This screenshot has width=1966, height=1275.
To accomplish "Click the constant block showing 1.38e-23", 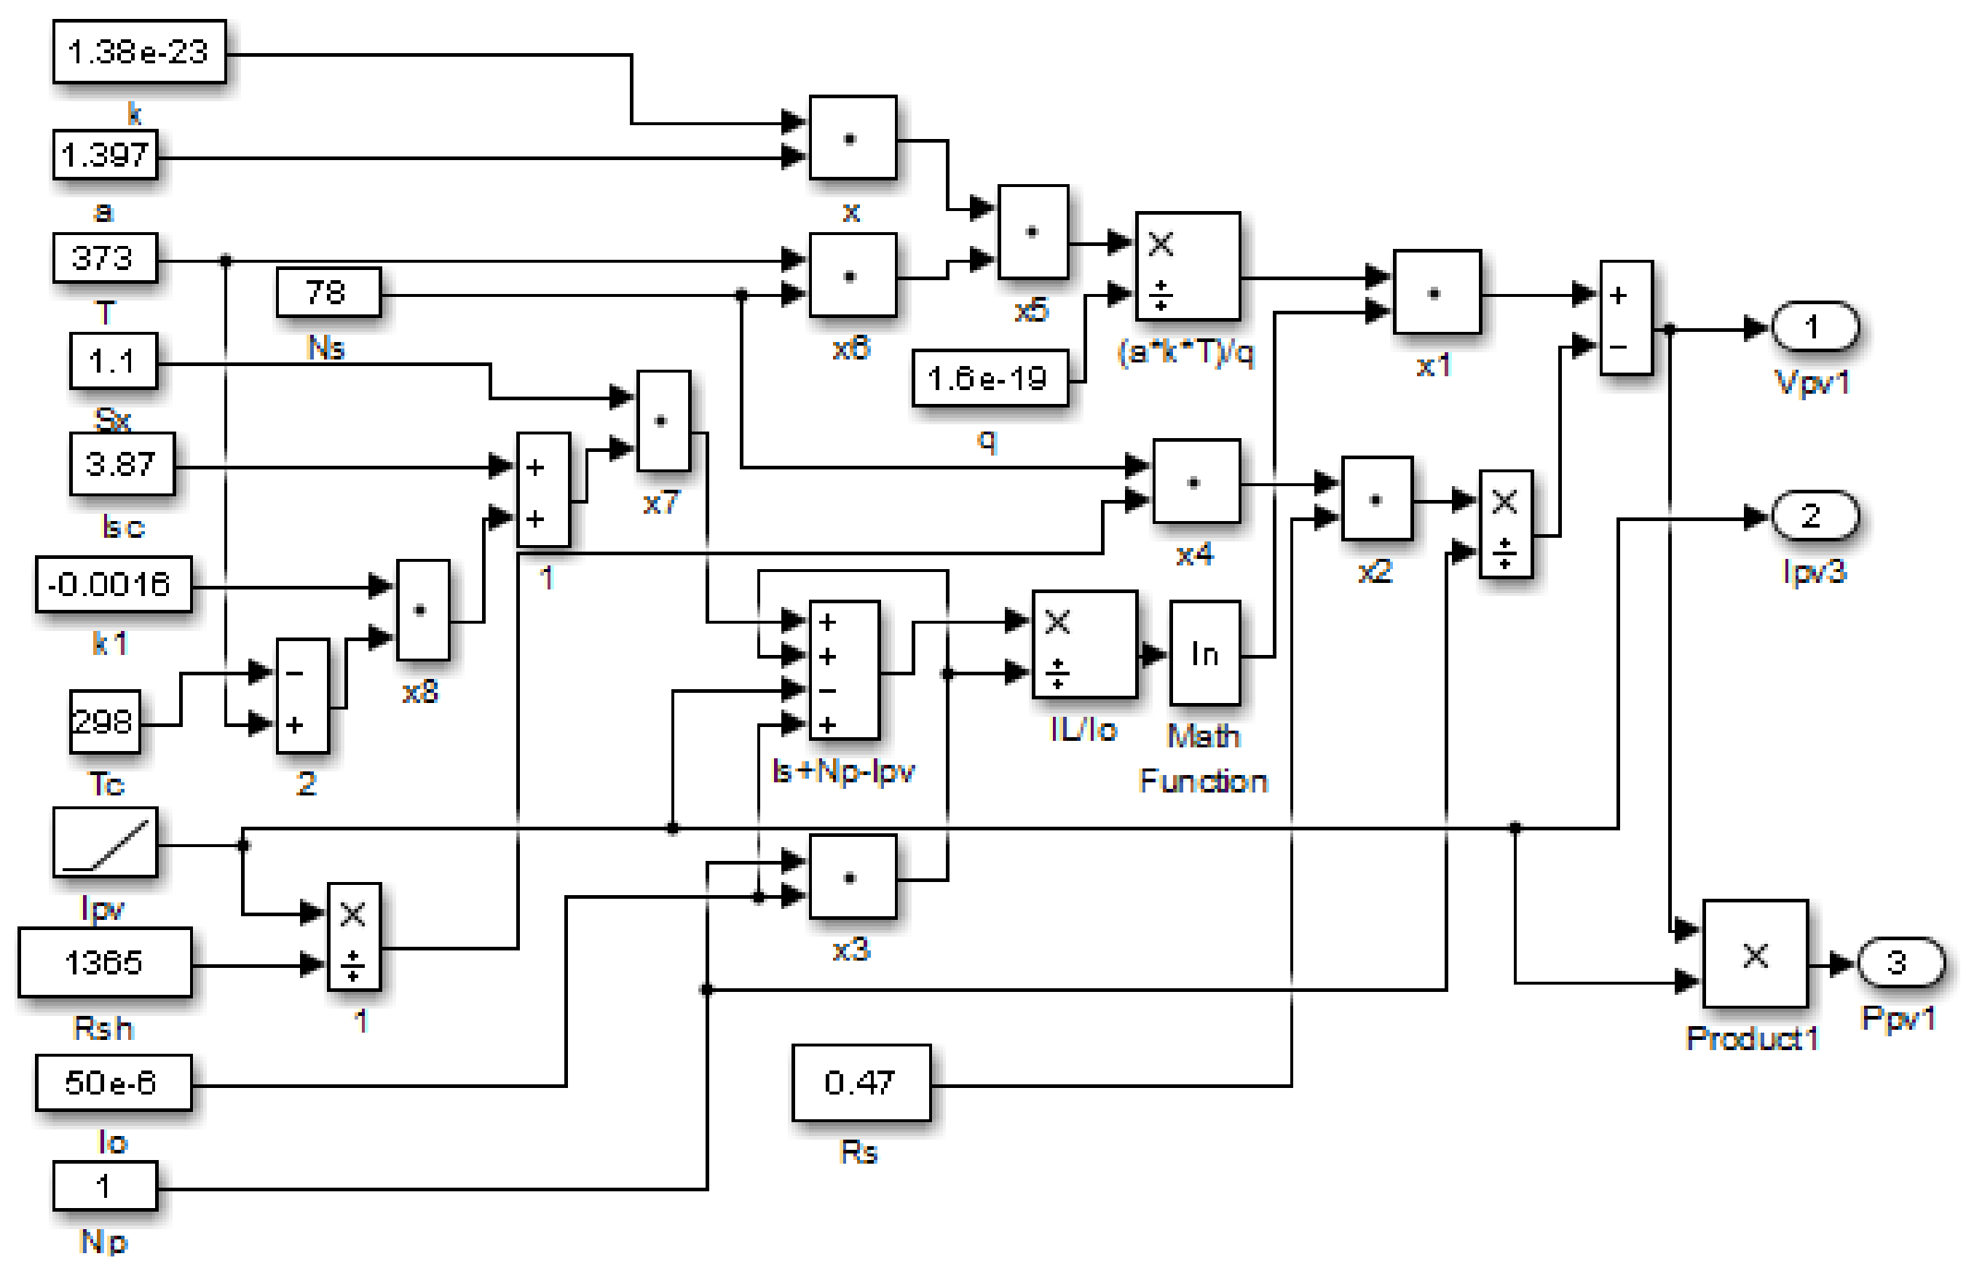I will (139, 52).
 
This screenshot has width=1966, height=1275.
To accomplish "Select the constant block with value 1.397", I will (105, 154).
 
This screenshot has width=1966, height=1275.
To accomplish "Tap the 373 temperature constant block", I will (104, 258).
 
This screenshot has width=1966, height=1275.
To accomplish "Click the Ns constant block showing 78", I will (328, 292).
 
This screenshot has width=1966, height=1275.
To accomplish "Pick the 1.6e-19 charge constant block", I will (989, 378).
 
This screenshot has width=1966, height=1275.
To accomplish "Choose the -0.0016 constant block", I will (113, 584).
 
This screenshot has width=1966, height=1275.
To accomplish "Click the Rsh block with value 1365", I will (104, 962).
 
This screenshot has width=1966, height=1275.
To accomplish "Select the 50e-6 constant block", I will (113, 1083).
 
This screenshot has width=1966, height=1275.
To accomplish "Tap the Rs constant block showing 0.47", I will (860, 1083).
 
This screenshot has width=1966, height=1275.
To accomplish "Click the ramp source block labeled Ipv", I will (104, 842).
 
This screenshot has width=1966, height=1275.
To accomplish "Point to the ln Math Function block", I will (1204, 654).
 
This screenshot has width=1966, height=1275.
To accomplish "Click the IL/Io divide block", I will (1083, 645).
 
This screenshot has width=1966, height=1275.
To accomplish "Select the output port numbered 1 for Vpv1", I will (1813, 327).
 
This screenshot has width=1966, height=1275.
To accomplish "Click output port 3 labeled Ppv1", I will (1899, 962).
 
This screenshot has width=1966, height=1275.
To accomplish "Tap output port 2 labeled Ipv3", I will (1813, 516).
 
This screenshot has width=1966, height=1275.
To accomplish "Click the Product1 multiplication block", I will (1755, 954).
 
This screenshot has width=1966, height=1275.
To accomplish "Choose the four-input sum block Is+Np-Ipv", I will (842, 670).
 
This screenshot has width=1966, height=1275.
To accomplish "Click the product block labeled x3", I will (852, 877).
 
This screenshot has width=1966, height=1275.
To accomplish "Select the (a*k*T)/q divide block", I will (1187, 266).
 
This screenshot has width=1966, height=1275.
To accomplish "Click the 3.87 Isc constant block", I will (122, 464).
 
